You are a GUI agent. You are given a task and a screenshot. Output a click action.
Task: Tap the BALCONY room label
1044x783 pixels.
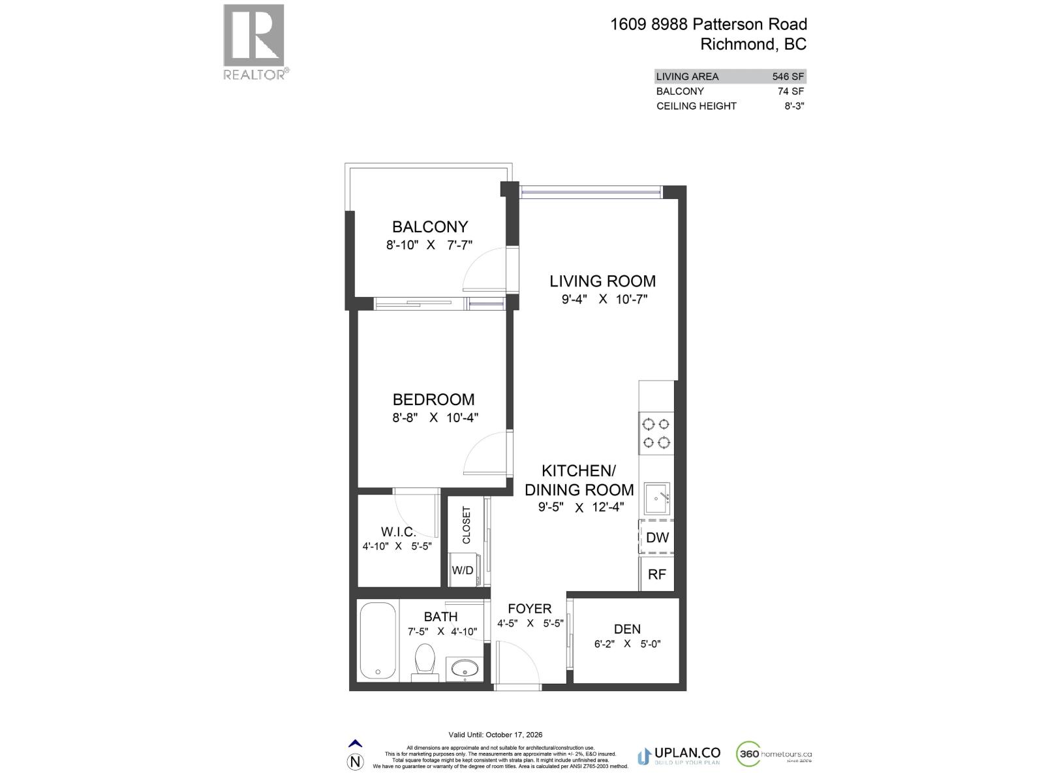[x=429, y=226]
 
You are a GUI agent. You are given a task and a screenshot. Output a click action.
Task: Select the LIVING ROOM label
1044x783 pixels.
[x=602, y=281]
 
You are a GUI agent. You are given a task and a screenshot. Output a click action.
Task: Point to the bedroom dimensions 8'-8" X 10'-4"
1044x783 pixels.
[x=435, y=418]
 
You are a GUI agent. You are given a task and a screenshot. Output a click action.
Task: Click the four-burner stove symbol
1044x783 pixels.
[x=656, y=433]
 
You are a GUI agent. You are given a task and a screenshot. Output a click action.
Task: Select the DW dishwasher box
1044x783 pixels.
[x=657, y=538]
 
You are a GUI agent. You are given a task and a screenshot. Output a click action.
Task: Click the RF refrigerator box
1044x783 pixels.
[x=656, y=574]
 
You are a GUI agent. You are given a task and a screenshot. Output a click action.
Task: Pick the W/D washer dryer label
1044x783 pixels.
[x=463, y=570]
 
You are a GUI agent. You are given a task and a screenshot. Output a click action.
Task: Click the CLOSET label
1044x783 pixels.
[x=466, y=525]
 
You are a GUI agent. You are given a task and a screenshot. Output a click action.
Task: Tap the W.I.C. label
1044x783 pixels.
[x=398, y=532]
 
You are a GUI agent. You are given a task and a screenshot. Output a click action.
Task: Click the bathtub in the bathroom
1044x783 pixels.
[x=377, y=641]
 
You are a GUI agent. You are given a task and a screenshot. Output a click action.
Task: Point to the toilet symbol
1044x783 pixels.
[x=425, y=660]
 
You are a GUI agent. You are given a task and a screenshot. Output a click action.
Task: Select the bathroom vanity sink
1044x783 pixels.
[x=464, y=668]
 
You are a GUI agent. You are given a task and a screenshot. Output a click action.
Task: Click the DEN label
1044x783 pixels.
[x=627, y=629]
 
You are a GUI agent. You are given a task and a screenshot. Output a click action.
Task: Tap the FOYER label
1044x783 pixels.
[x=530, y=609]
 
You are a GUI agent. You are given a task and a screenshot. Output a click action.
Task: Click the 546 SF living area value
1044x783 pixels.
[x=788, y=76]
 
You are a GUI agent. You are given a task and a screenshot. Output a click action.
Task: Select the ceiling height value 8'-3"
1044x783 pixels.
[x=794, y=106]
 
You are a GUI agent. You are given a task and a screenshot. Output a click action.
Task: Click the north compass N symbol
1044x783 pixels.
[x=355, y=761]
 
